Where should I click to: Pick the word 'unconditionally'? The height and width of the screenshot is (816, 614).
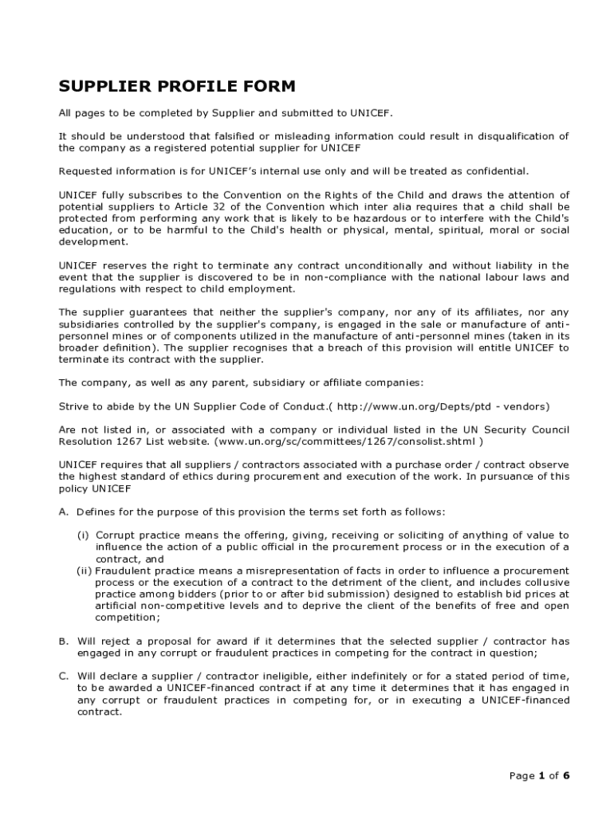(x=382, y=265)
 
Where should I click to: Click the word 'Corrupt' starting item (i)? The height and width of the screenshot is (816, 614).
(x=115, y=535)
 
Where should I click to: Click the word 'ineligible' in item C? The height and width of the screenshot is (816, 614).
(x=291, y=676)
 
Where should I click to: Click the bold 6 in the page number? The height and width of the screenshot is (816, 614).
(x=566, y=775)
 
